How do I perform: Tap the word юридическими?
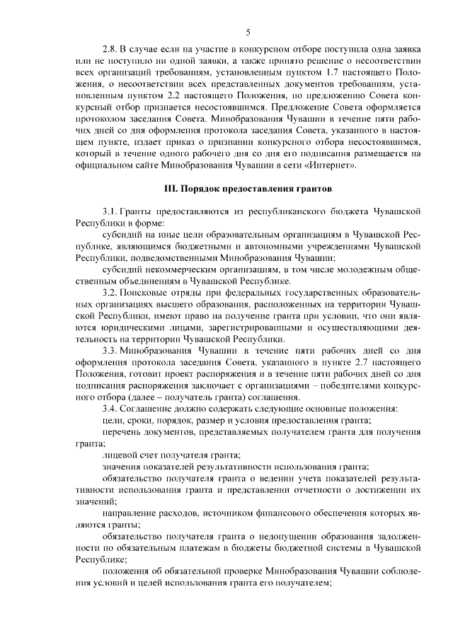[x=119, y=327]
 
